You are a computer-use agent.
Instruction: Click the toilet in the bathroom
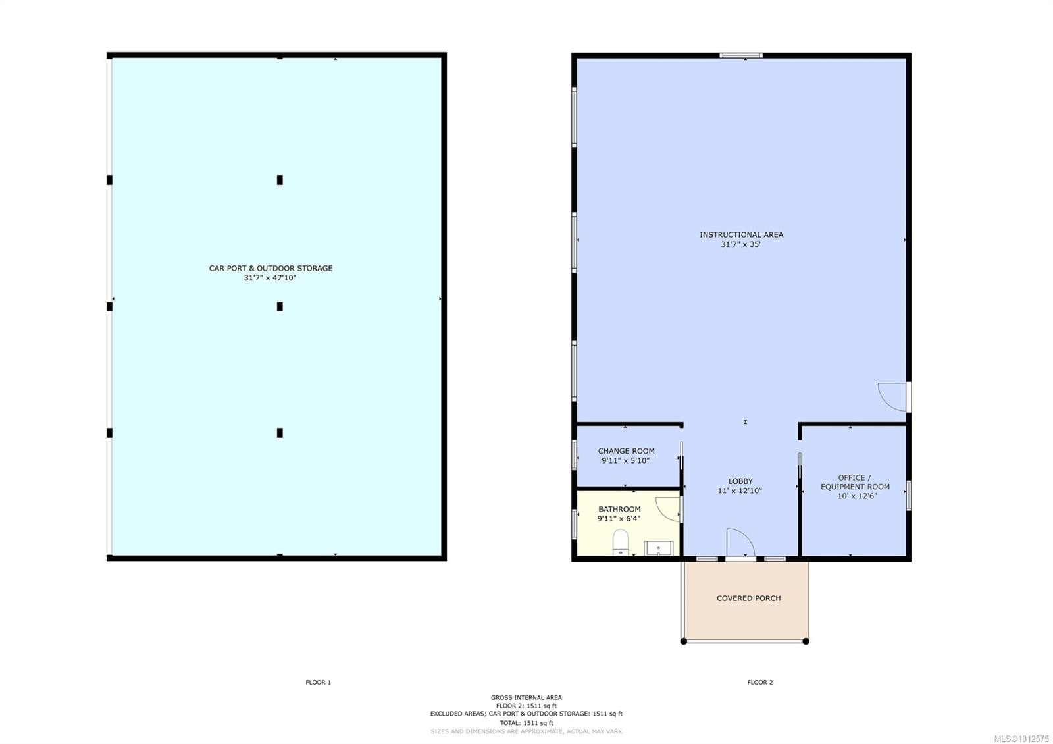click(621, 543)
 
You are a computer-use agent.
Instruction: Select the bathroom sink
click(658, 548)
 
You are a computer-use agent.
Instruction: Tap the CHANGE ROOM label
click(626, 451)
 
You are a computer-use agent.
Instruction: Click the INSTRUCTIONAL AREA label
click(741, 234)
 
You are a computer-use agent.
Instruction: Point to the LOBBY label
click(740, 481)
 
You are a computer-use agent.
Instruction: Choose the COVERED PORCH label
click(748, 598)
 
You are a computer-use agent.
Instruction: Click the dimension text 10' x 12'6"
click(857, 496)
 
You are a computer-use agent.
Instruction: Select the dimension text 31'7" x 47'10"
click(270, 277)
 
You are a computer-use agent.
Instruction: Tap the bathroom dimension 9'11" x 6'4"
click(619, 519)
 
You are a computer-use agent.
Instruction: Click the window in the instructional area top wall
click(741, 55)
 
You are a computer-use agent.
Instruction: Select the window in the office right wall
click(909, 495)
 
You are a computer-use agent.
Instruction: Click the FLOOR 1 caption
click(319, 682)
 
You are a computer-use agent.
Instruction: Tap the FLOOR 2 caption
click(760, 682)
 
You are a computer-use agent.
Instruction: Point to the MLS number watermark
click(1021, 739)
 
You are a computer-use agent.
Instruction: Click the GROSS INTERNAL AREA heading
click(526, 697)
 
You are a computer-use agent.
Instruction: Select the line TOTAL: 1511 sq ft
click(526, 723)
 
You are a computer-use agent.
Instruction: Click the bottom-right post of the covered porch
click(806, 641)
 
